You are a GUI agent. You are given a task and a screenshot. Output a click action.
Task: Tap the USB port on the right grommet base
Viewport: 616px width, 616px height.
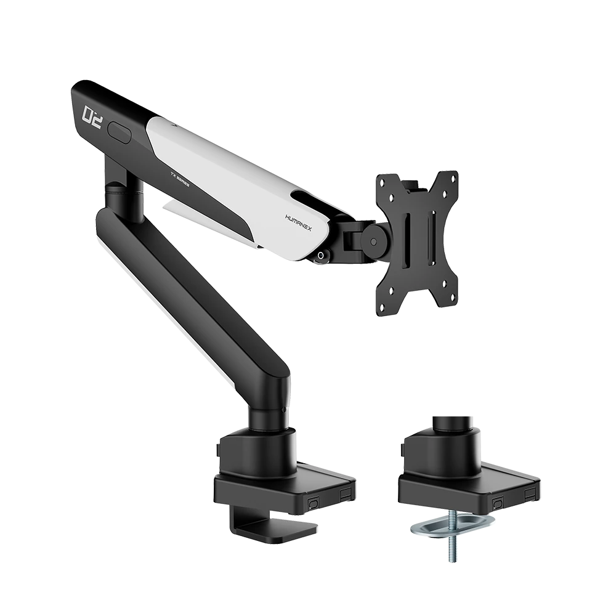529,494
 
